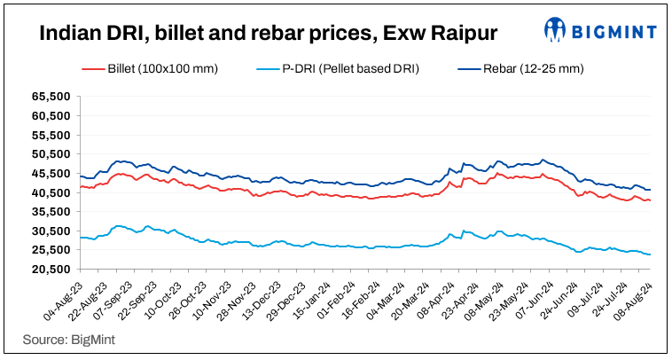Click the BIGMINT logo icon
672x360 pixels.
pos(556,31)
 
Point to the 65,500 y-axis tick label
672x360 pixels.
pos(51,96)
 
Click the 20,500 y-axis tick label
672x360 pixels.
pos(51,270)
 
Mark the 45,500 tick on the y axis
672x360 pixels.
pos(51,173)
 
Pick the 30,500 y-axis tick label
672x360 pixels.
pos(51,231)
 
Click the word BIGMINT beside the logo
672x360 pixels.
pos(614,33)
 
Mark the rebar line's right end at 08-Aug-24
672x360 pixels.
pos(650,190)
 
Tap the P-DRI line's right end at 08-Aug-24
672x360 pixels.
pos(650,254)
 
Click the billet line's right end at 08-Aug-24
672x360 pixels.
pos(650,200)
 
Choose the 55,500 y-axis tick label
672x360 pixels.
pos(51,135)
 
